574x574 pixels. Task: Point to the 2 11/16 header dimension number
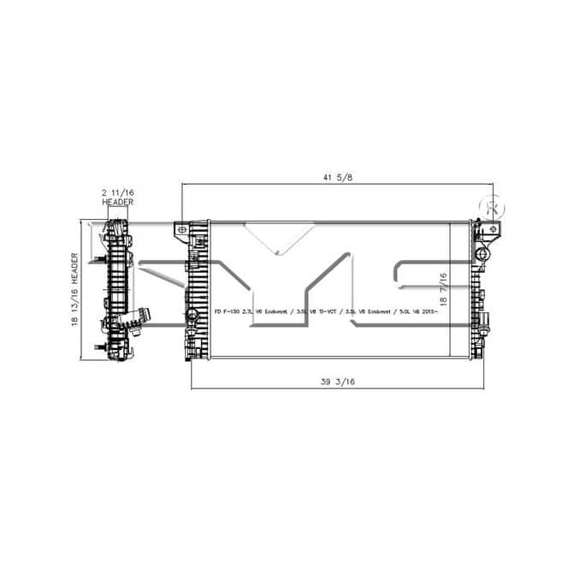coord(117,194)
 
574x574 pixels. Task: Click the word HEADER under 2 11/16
coord(117,203)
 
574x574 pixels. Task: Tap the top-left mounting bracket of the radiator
coord(183,231)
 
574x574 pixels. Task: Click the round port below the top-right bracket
coord(484,255)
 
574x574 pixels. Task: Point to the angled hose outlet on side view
coord(137,318)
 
